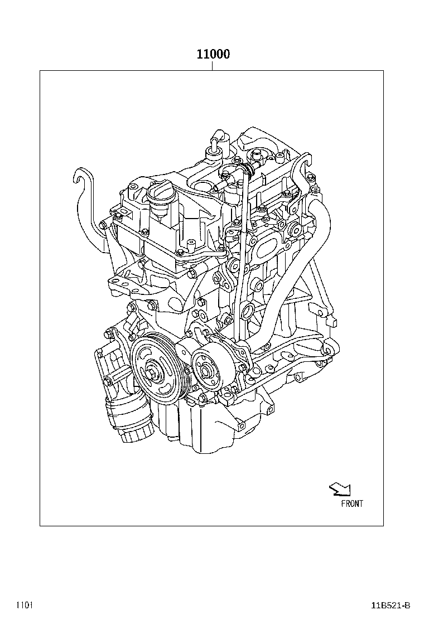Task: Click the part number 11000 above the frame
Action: [213, 55]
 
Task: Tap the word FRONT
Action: [351, 503]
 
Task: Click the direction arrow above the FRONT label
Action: [339, 489]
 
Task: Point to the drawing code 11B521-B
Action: [391, 605]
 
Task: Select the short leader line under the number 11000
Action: [213, 66]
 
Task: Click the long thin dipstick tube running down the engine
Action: [241, 251]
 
